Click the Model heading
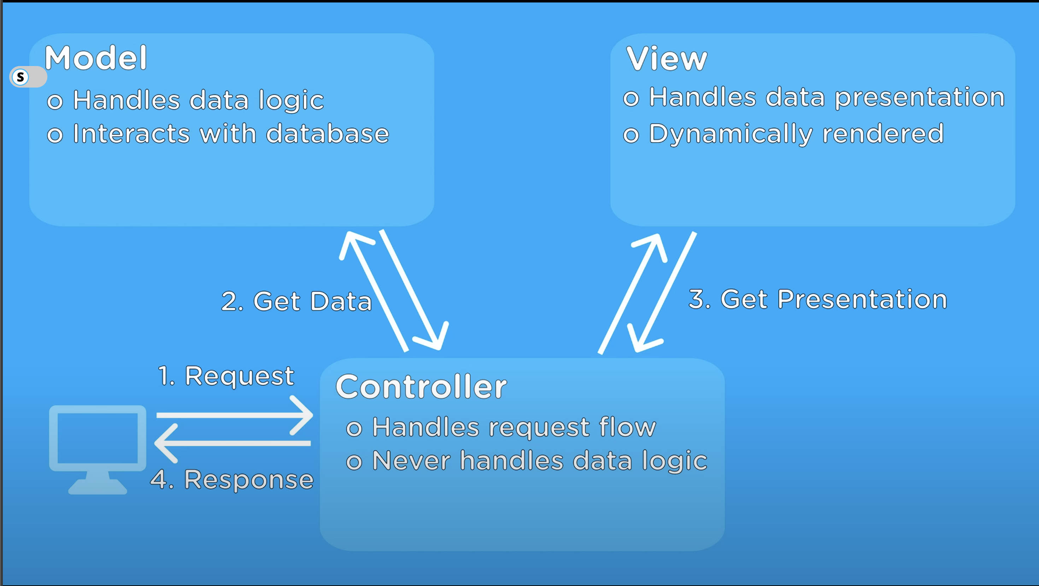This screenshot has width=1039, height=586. coord(95,58)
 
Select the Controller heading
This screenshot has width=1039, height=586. coord(421,387)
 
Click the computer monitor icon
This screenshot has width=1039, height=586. coord(98,449)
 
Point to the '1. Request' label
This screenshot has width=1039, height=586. coord(226,376)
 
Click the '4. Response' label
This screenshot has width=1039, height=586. coord(232,480)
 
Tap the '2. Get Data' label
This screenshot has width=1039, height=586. coord(297,301)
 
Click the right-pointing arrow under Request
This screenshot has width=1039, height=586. coord(234,415)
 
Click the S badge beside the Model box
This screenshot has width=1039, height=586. coord(20,77)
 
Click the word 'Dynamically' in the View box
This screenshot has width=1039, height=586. coord(730,134)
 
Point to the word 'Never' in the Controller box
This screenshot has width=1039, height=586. coord(411,461)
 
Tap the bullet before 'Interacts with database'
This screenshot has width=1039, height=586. coord(55,135)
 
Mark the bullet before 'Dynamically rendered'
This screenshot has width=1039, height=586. coord(631,135)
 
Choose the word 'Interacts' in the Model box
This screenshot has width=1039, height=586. coord(131,133)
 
